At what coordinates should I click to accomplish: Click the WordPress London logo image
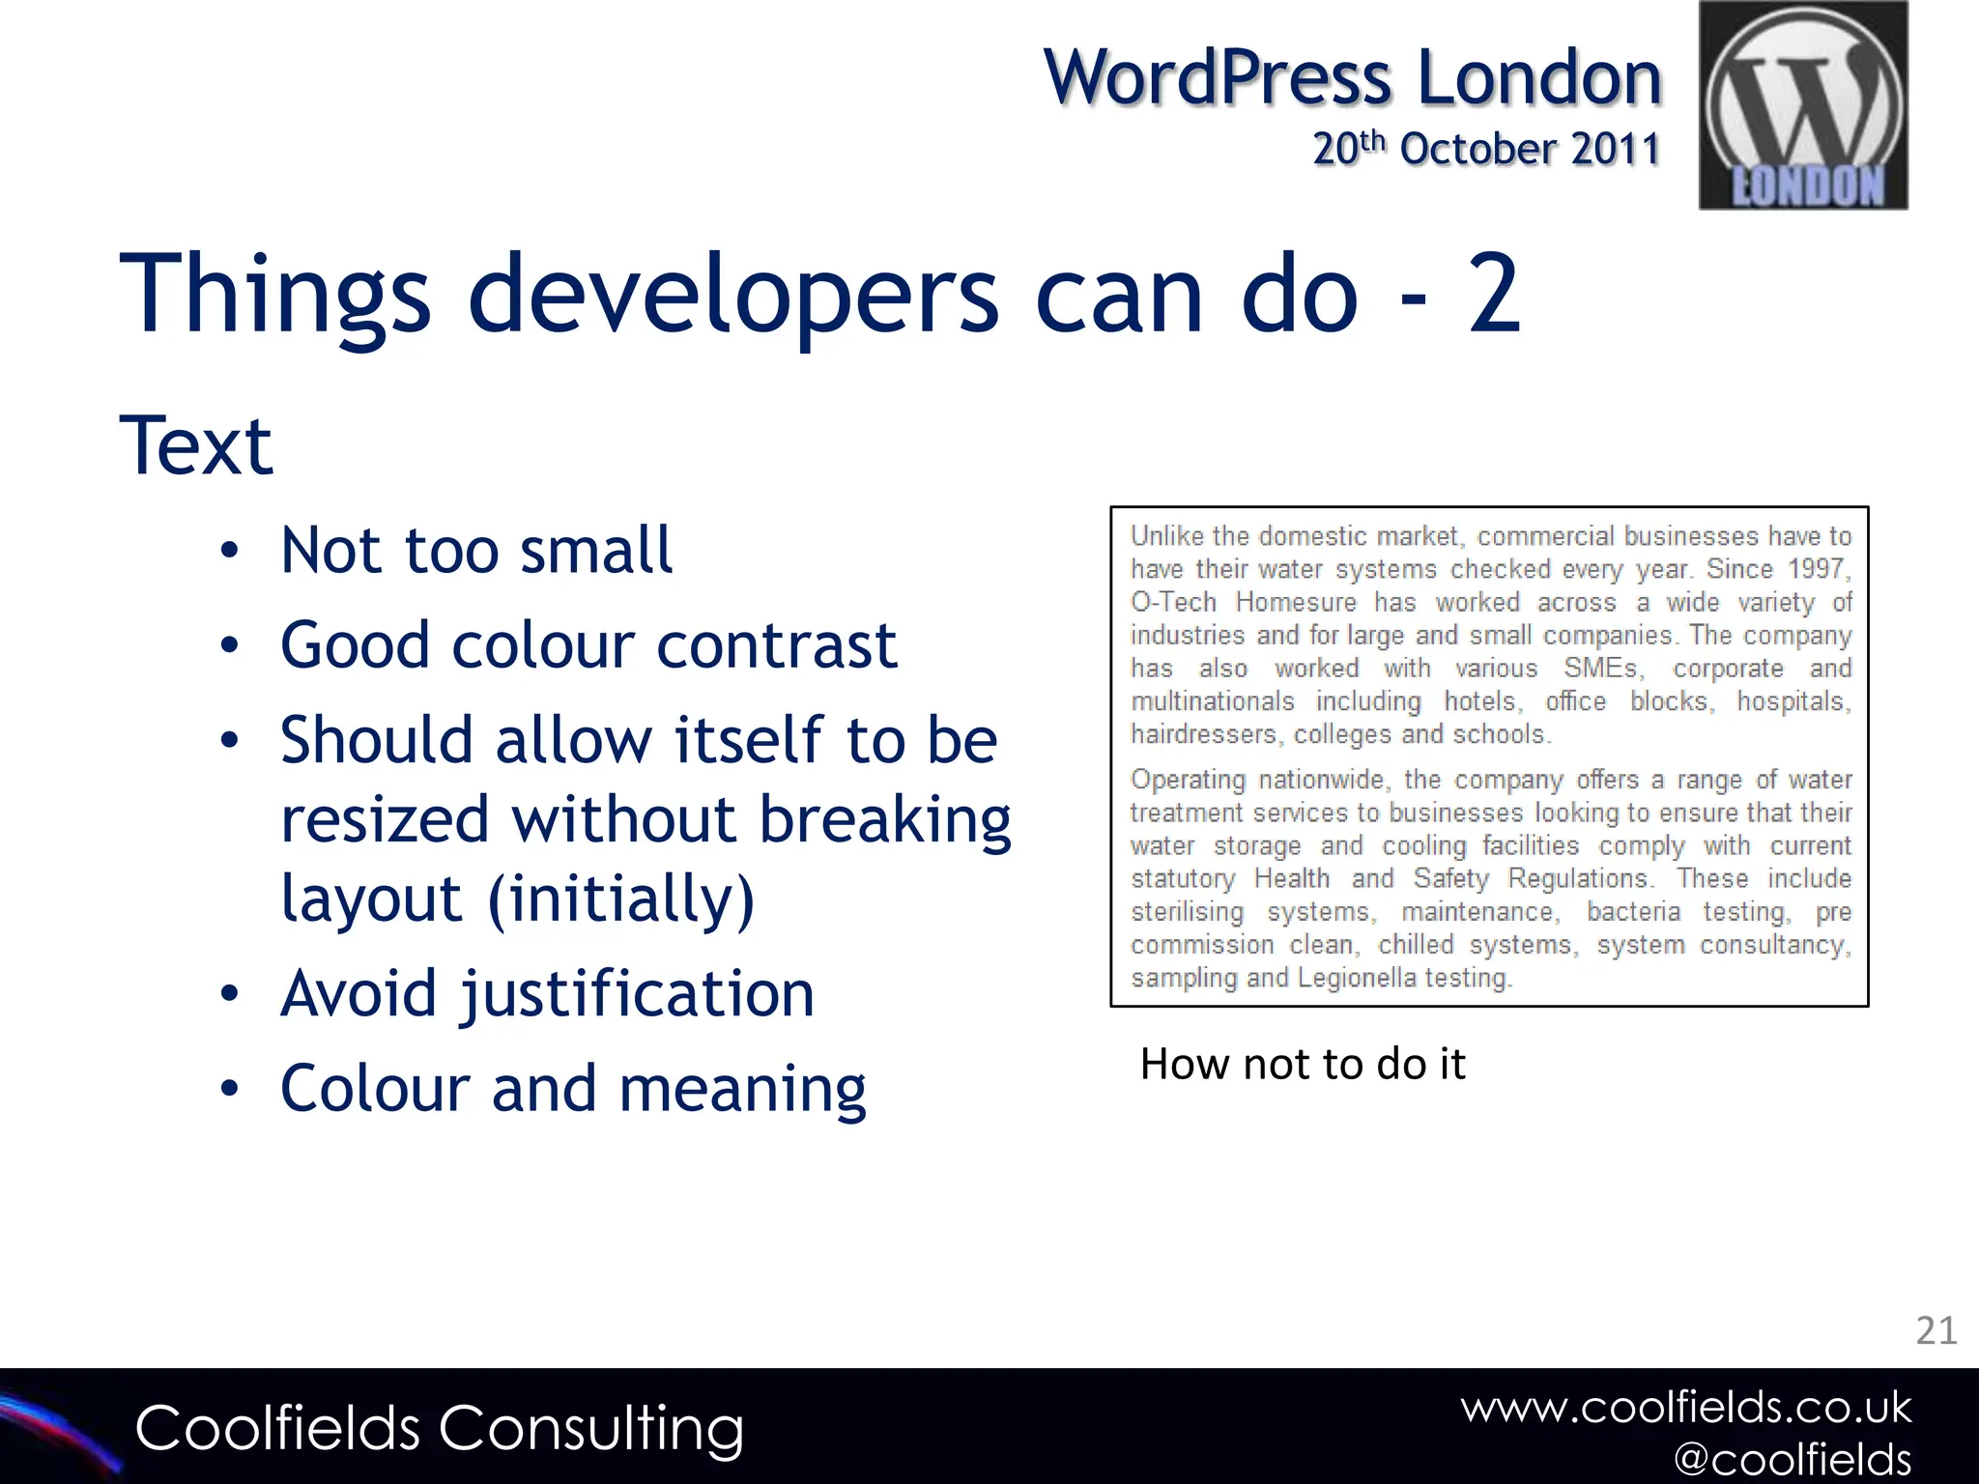click(1803, 105)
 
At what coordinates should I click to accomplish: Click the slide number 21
click(1936, 1331)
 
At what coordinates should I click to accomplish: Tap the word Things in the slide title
click(274, 294)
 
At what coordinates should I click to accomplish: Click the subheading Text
click(196, 446)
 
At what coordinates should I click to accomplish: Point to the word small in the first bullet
click(595, 551)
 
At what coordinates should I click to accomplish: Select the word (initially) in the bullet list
click(620, 899)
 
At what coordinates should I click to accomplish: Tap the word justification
click(638, 994)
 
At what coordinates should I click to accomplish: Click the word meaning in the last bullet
click(742, 1089)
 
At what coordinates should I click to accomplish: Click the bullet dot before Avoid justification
click(229, 994)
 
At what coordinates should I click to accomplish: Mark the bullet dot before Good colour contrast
click(229, 645)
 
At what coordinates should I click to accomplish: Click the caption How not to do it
click(1302, 1064)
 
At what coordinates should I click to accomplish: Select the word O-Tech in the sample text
click(1173, 602)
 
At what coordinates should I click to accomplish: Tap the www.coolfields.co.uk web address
click(1685, 1408)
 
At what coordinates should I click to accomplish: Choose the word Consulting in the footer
click(590, 1429)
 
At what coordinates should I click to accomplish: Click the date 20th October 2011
click(1485, 150)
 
